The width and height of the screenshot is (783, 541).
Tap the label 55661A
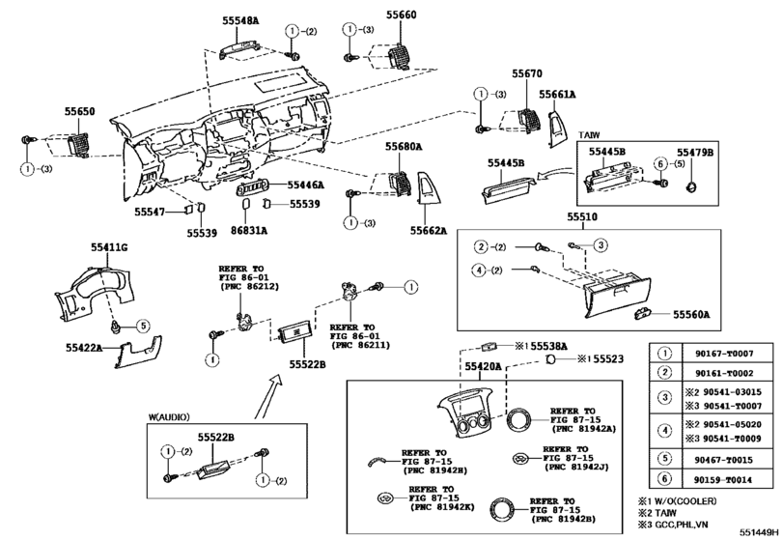[x=557, y=95]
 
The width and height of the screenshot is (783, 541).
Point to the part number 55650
[x=80, y=113]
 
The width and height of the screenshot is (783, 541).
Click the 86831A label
[x=249, y=230]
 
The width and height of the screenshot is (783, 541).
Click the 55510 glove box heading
[x=582, y=218]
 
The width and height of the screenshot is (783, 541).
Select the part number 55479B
[x=694, y=153]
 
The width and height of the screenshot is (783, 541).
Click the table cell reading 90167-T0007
[x=724, y=355]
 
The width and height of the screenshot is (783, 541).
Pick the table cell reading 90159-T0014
[x=724, y=479]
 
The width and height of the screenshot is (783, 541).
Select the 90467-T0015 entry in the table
[x=724, y=457]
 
